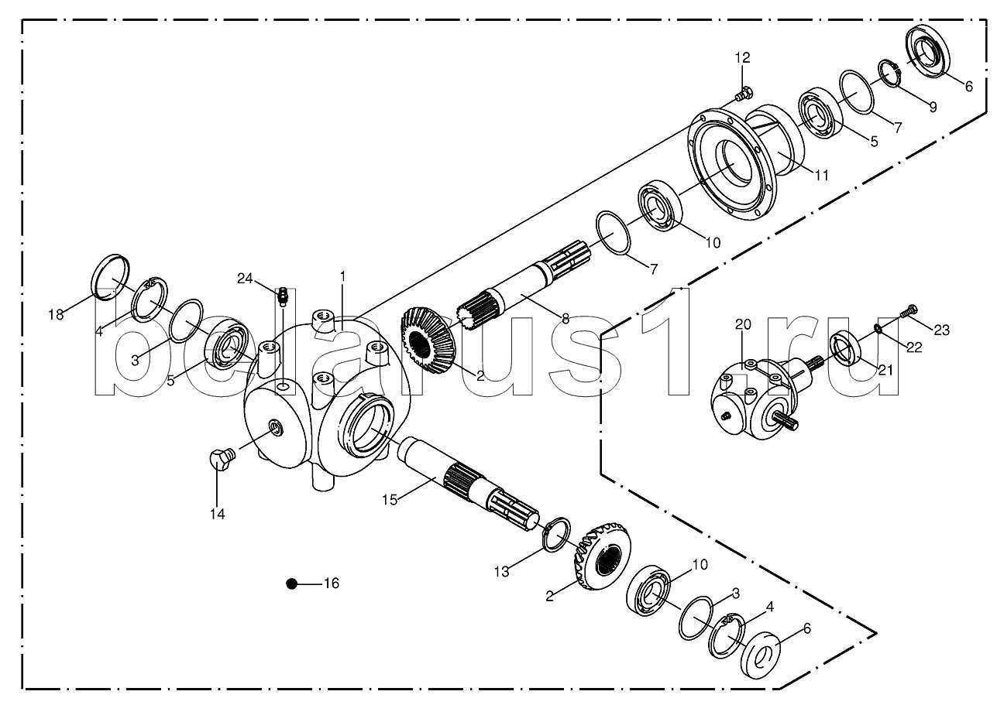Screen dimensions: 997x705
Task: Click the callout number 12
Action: coord(742,58)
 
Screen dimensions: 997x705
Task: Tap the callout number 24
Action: coord(245,279)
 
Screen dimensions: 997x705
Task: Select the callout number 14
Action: coord(218,515)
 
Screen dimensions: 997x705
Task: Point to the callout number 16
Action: coord(332,584)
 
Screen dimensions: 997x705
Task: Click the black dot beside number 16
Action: coord(291,584)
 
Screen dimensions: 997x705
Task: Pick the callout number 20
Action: coord(743,324)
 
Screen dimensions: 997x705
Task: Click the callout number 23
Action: coord(941,330)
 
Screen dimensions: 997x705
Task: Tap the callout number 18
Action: coord(56,315)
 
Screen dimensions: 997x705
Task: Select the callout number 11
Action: coord(821,176)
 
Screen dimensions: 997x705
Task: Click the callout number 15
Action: coord(390,500)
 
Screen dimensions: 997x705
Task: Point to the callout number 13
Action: coord(502,572)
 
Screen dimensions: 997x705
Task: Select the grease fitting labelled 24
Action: coord(284,296)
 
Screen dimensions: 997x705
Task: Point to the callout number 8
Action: coord(566,318)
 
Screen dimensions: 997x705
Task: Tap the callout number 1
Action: coord(342,276)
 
